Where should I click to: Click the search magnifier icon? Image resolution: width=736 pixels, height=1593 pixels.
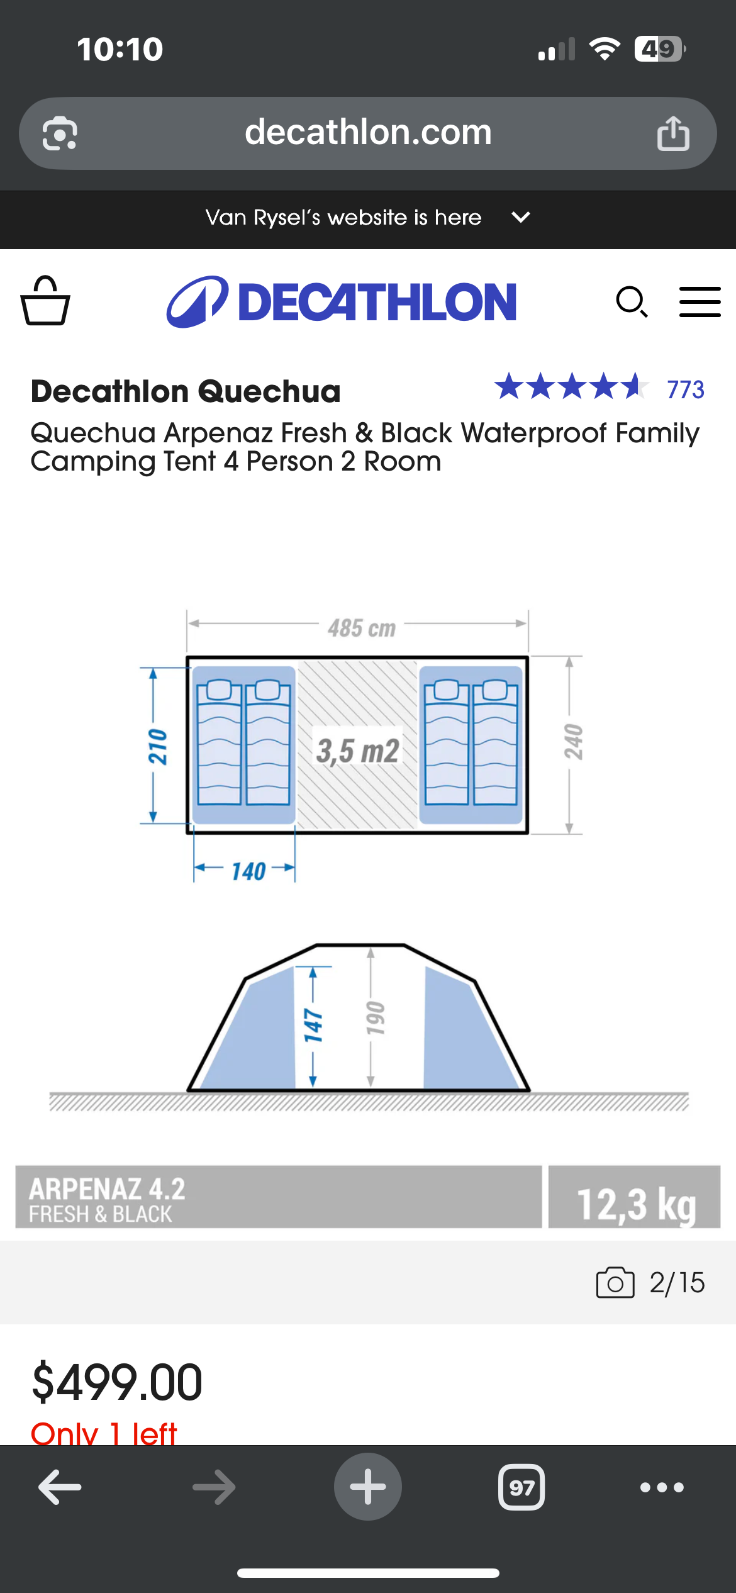632,302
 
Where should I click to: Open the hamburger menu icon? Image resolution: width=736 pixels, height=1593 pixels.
700,302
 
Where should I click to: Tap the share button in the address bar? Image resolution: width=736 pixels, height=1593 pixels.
673,133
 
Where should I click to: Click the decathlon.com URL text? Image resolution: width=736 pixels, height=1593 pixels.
368,132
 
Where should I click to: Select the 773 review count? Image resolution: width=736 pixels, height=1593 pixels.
686,389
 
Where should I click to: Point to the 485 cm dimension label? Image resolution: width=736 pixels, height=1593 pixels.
362,628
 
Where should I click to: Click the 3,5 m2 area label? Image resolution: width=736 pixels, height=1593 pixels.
357,751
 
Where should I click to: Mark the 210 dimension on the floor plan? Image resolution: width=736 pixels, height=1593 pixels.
157,747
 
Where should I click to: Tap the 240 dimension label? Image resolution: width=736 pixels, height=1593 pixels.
573,742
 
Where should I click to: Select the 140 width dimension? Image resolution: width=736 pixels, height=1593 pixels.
248,871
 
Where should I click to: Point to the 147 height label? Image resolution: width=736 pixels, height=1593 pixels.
313,1026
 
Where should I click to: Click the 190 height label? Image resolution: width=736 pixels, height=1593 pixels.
375,1018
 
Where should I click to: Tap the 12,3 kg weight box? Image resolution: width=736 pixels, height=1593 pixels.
634,1197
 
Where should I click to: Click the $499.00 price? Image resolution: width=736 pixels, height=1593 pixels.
117,1382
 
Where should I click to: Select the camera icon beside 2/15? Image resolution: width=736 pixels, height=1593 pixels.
615,1282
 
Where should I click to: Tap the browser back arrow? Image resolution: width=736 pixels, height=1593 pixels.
60,1487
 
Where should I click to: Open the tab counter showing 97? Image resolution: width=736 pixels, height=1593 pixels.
521,1487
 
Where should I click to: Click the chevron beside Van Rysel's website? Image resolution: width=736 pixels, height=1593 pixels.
521,218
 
